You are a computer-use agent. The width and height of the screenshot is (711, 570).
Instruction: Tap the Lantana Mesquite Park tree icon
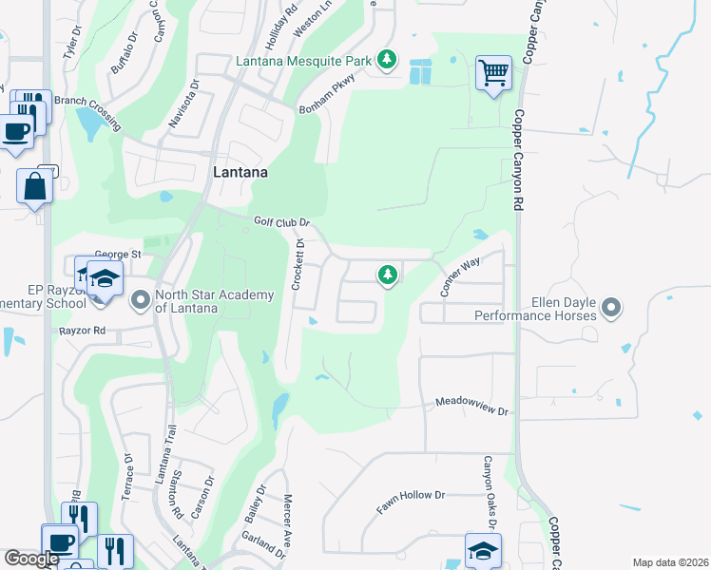[386, 61]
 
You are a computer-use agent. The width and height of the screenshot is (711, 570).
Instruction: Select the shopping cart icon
[493, 72]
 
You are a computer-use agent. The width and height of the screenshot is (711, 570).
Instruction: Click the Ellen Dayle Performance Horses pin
[611, 307]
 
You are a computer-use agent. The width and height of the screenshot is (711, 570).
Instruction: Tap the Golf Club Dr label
[282, 222]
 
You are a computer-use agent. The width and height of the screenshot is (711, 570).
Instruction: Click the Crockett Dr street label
[298, 265]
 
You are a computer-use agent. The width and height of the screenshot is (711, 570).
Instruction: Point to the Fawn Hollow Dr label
[411, 503]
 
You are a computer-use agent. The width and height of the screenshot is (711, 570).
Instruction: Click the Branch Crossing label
[87, 110]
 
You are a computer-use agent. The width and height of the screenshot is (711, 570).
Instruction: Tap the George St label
[118, 255]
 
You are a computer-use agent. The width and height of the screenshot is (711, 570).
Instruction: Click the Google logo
[31, 559]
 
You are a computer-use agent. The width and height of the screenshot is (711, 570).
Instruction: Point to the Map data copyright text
[669, 562]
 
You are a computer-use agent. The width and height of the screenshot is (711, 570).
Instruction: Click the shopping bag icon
[35, 185]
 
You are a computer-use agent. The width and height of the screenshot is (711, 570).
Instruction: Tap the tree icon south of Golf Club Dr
[387, 275]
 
